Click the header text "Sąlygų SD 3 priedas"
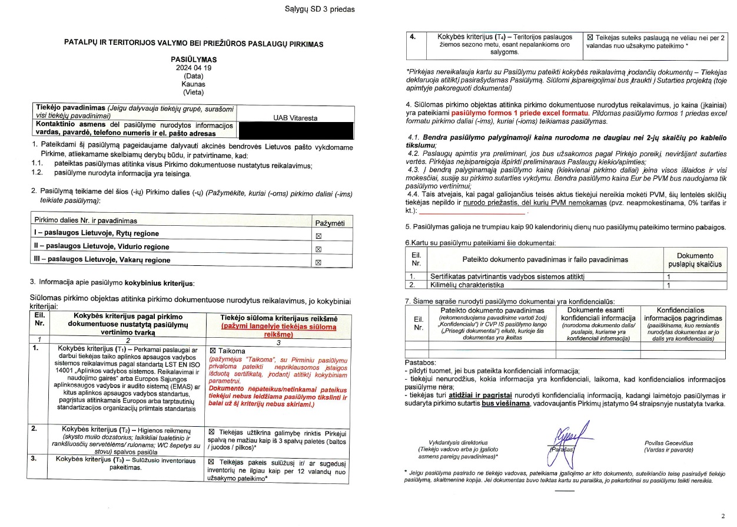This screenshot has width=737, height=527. click(x=328, y=9)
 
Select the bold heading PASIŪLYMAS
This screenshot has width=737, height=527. click(x=194, y=60)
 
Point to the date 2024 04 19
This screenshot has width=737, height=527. click(x=194, y=68)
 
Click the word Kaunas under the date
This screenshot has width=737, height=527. click(x=194, y=84)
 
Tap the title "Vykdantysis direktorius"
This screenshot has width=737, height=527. click(x=462, y=443)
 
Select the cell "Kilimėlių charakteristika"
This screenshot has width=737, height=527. click(x=467, y=285)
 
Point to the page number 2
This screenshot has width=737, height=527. click(x=722, y=516)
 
